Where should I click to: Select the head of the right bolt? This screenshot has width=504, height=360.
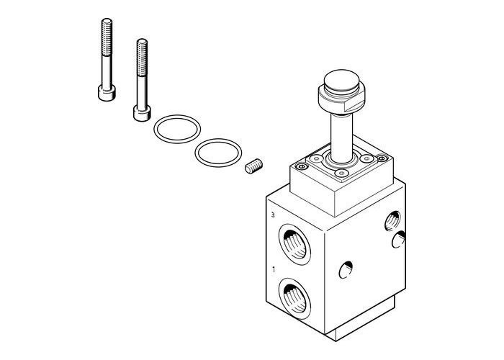pyautogui.click(x=140, y=111)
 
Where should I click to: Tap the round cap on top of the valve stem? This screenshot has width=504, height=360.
pyautogui.click(x=336, y=81)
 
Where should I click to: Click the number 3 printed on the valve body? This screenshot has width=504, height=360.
pyautogui.click(x=271, y=216)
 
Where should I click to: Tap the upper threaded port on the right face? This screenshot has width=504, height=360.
pyautogui.click(x=393, y=220)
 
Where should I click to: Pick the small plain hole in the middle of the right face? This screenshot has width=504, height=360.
pyautogui.click(x=345, y=270)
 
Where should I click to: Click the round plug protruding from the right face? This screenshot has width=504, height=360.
pyautogui.click(x=397, y=242)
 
